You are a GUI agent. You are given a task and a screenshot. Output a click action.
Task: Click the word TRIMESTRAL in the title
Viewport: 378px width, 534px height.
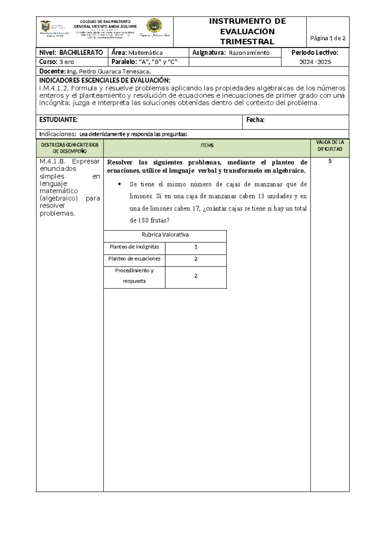(247, 42)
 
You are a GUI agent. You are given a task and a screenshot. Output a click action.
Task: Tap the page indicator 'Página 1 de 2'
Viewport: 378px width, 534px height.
(328, 38)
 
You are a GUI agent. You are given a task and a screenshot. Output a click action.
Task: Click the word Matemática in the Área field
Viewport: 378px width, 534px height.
(145, 53)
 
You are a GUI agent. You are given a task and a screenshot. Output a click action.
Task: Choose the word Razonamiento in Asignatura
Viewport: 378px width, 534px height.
(249, 53)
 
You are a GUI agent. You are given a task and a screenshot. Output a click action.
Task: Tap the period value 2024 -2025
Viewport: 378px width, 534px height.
(315, 62)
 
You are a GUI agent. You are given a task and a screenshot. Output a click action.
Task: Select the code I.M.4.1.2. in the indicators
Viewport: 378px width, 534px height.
(54, 88)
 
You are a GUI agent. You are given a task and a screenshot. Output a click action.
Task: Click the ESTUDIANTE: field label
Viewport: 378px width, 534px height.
(58, 120)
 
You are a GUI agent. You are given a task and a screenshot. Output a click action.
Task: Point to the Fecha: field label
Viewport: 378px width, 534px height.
(255, 120)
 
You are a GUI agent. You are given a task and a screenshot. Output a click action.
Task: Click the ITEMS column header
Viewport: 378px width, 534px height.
(207, 145)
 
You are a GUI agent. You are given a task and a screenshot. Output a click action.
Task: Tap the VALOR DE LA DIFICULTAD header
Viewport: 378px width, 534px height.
(330, 146)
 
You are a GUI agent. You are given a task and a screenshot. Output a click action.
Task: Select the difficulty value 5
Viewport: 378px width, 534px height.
(330, 162)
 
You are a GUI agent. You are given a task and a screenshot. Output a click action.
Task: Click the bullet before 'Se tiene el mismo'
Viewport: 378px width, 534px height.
(119, 185)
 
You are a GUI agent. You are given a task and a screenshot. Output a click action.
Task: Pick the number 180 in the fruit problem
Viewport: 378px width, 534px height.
(143, 220)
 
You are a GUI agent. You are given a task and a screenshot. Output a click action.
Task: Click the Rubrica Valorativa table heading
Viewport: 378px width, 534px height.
(165, 235)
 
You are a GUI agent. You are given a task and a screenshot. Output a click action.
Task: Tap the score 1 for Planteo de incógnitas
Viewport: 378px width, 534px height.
(196, 247)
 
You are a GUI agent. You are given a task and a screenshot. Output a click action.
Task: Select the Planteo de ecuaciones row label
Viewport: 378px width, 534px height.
(134, 259)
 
